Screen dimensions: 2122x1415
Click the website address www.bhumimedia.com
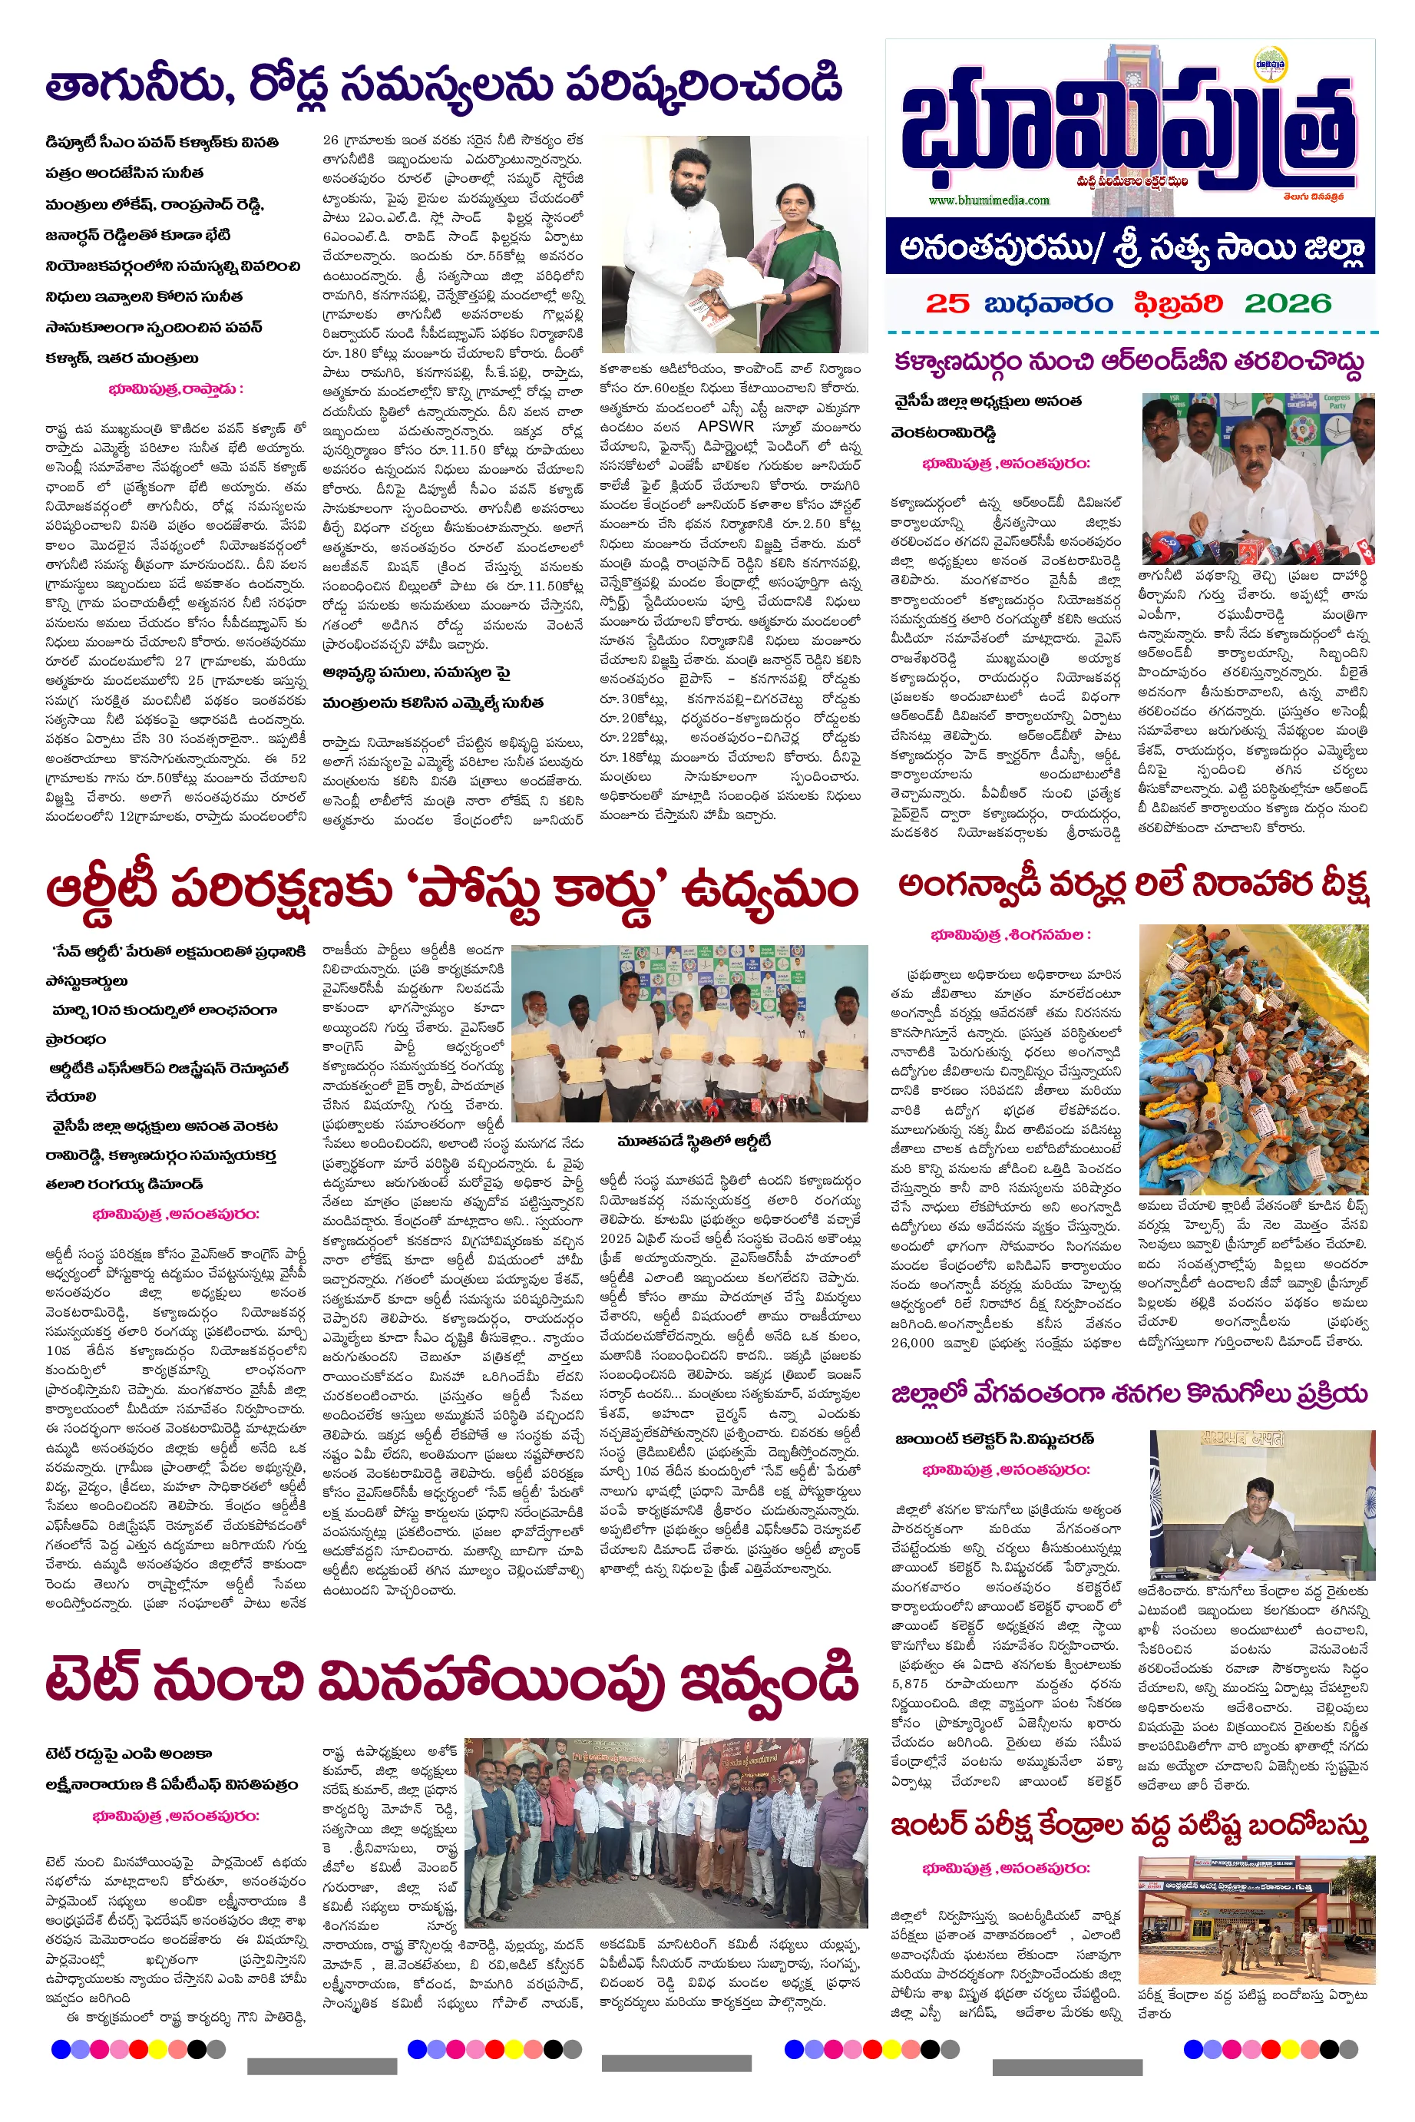989,200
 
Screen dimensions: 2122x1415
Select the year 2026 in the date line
1287,303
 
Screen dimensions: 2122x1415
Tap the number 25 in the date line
947,303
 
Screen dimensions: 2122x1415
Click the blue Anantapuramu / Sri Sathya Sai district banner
1130,247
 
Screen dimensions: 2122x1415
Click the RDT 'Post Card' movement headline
451,891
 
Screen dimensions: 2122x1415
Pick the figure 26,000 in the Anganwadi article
912,1343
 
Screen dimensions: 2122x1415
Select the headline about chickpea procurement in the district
1129,1394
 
